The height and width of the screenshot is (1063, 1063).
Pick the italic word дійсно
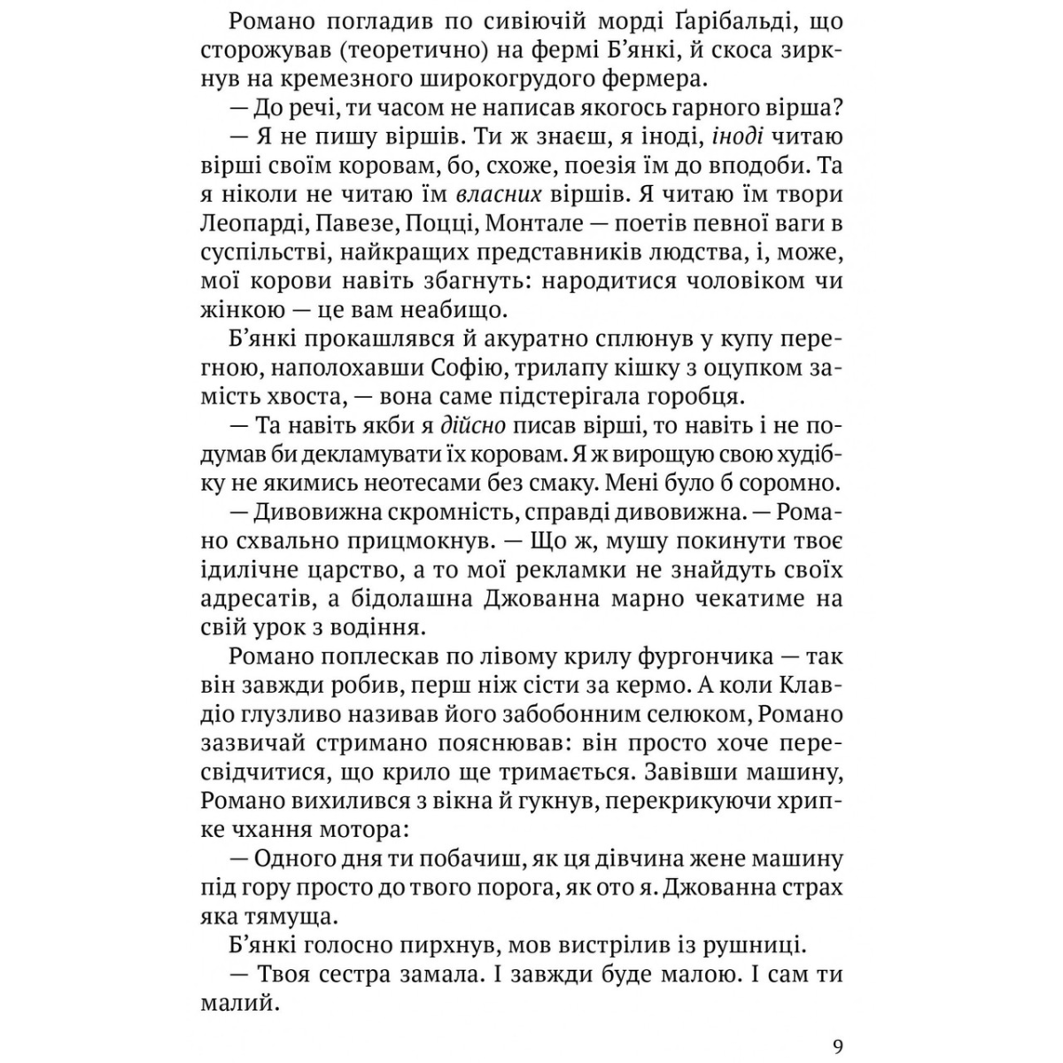(472, 425)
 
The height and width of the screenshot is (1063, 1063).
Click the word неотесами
(416, 484)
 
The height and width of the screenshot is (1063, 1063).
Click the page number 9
(838, 1045)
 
